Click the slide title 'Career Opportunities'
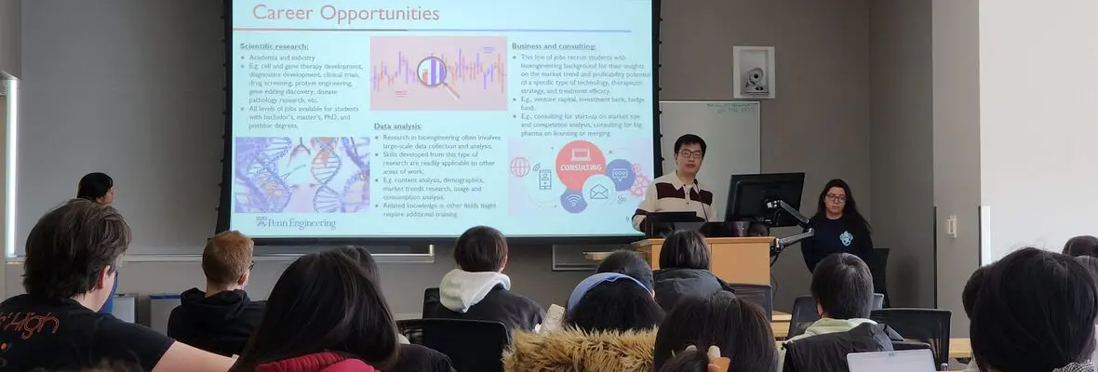pyautogui.click(x=345, y=14)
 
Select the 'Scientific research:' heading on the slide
pyautogui.click(x=274, y=46)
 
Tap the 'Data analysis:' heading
pyautogui.click(x=397, y=126)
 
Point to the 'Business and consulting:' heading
pyautogui.click(x=554, y=46)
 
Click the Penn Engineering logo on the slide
pyautogui.click(x=295, y=223)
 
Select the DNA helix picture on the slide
pyautogui.click(x=301, y=175)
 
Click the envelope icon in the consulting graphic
pyautogui.click(x=598, y=192)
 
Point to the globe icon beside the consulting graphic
pyautogui.click(x=520, y=167)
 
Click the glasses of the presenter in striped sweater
pyautogui.click(x=690, y=153)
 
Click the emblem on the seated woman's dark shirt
pyautogui.click(x=845, y=238)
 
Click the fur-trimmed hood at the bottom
pyautogui.click(x=579, y=352)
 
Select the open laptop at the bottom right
pyautogui.click(x=890, y=361)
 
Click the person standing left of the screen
pyautogui.click(x=95, y=189)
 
